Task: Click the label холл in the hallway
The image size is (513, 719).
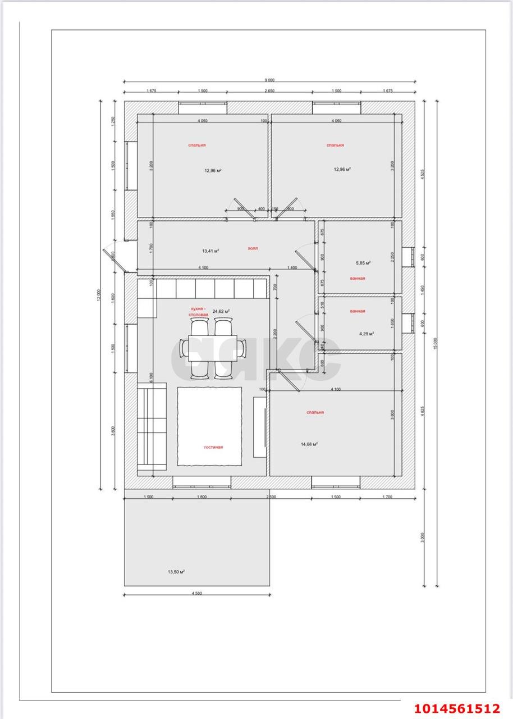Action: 253,248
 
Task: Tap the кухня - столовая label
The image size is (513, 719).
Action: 198,312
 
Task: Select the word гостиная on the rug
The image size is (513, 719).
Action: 213,447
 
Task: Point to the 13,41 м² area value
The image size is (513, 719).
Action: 210,251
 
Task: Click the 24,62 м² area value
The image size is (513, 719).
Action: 221,310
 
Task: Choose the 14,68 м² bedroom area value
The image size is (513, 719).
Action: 309,444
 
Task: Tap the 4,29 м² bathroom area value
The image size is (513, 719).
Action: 367,333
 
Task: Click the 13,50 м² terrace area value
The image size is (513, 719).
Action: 176,572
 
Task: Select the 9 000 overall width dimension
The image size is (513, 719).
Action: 269,80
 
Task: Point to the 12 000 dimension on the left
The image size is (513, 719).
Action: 99,295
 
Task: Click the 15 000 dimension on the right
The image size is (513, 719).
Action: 435,344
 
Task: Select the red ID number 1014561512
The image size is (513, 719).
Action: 457,708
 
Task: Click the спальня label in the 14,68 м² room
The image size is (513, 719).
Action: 315,412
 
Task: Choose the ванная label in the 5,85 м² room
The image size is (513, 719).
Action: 357,278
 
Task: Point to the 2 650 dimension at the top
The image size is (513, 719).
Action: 269,90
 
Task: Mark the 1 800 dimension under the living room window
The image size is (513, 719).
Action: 202,497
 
